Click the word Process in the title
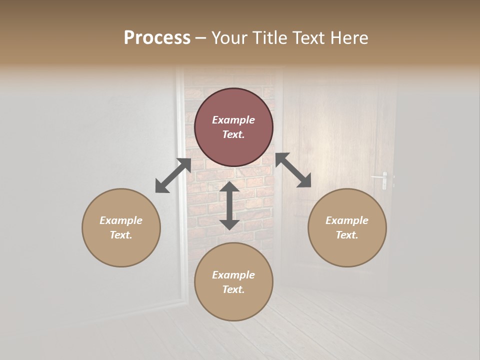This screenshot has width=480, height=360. tap(157, 38)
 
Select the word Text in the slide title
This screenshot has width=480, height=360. tap(308, 38)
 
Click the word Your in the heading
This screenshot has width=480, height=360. tap(231, 38)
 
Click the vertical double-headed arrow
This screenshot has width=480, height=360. tap(229, 205)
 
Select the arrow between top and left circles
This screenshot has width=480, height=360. tap(173, 175)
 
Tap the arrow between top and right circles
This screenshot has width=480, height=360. tap(293, 170)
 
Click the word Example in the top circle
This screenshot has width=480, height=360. tap(233, 120)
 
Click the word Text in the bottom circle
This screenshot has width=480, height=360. tap(233, 289)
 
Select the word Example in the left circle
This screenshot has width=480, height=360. tap(121, 220)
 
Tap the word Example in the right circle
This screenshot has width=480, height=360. tap(347, 220)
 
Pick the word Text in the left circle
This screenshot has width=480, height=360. tap(121, 235)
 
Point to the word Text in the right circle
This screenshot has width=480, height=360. tap(347, 235)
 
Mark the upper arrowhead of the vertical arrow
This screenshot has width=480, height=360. tap(229, 188)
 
